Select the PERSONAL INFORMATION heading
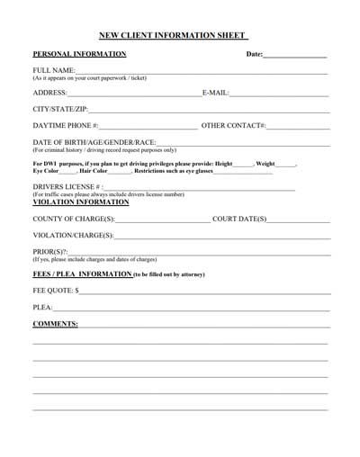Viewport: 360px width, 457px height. click(79, 54)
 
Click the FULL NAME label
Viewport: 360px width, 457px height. click(53, 70)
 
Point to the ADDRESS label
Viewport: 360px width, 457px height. click(49, 93)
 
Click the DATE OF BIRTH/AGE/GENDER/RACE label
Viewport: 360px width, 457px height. click(94, 142)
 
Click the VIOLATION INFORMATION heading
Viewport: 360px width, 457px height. click(83, 202)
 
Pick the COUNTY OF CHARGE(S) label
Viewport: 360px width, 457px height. click(74, 219)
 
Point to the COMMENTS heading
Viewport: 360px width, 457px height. click(55, 323)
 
